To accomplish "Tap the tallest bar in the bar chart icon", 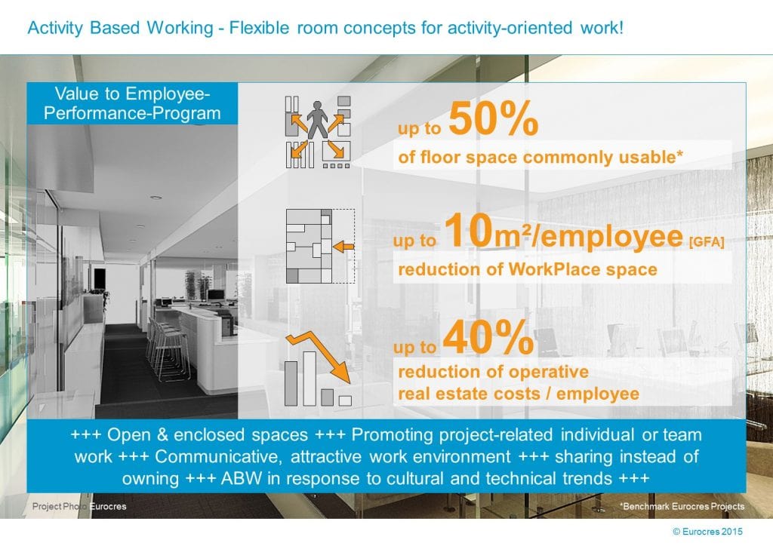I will coord(310,376).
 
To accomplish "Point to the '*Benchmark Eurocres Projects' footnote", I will coord(682,506).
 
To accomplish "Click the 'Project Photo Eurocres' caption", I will coord(79,506).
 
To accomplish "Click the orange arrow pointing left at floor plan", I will coord(343,246).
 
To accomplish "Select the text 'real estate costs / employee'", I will coord(519,393).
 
